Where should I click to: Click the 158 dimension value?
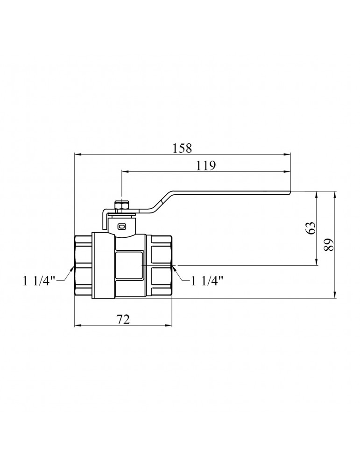tap(182, 148)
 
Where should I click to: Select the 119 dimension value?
tap(205, 165)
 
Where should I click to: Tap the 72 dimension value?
tap(123, 319)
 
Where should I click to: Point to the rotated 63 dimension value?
tap(311, 228)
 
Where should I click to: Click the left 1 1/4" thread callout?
tap(39, 281)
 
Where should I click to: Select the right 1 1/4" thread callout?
tap(207, 281)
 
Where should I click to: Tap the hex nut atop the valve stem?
tap(122, 205)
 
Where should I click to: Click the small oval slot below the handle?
tap(122, 226)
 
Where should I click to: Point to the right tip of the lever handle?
tap(290, 193)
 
